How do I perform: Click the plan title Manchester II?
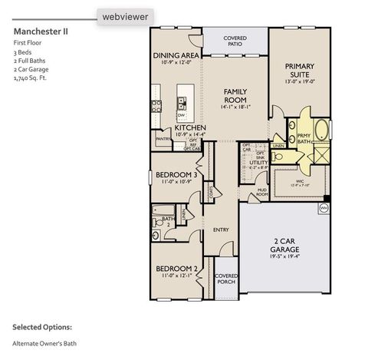pyautogui.click(x=41, y=31)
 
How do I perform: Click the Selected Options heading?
pyautogui.click(x=42, y=325)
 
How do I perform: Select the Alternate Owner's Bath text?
pyautogui.click(x=44, y=343)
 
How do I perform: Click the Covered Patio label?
pyautogui.click(x=235, y=41)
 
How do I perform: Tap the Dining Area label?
pyautogui.click(x=176, y=56)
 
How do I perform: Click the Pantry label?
pyautogui.click(x=163, y=140)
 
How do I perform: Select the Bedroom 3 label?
pyautogui.click(x=176, y=174)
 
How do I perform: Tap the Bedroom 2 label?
pyautogui.click(x=176, y=269)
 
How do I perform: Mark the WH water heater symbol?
pyautogui.click(x=324, y=206)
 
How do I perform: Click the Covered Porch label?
pyautogui.click(x=225, y=278)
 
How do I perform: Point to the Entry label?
pyautogui.click(x=221, y=229)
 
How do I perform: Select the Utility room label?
pyautogui.click(x=258, y=163)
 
